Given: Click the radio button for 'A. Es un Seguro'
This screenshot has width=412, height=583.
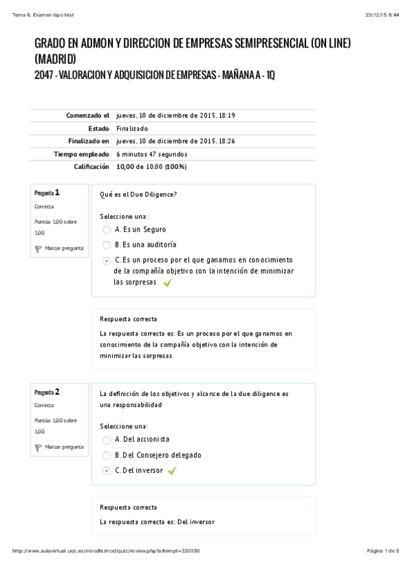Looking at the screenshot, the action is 106,230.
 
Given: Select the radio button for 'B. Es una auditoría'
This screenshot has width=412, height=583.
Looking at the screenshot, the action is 106,245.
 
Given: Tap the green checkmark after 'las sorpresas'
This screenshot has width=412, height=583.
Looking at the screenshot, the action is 167,283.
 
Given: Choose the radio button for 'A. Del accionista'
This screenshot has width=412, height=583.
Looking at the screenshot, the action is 106,439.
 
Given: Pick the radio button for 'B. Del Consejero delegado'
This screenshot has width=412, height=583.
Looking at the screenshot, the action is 106,455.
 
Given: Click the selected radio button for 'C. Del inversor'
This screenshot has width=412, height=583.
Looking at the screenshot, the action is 106,471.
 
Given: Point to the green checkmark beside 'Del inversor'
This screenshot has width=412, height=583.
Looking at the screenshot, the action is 172,471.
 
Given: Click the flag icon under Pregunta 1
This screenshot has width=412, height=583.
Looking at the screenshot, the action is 39,249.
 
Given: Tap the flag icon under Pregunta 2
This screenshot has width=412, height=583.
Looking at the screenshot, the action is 39,448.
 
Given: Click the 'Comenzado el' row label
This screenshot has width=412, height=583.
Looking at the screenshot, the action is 88,115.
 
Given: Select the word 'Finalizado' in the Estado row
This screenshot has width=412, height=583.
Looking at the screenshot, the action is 132,129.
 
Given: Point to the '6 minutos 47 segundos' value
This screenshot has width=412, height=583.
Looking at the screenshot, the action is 151,154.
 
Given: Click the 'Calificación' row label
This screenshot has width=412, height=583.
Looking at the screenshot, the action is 91,166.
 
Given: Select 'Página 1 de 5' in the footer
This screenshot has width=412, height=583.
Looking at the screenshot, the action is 383,551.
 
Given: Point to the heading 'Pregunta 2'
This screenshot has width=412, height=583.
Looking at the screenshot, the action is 47,392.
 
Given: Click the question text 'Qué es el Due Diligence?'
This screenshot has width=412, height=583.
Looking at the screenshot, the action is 138,195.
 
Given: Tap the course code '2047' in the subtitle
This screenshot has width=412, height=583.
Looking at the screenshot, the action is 43,74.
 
